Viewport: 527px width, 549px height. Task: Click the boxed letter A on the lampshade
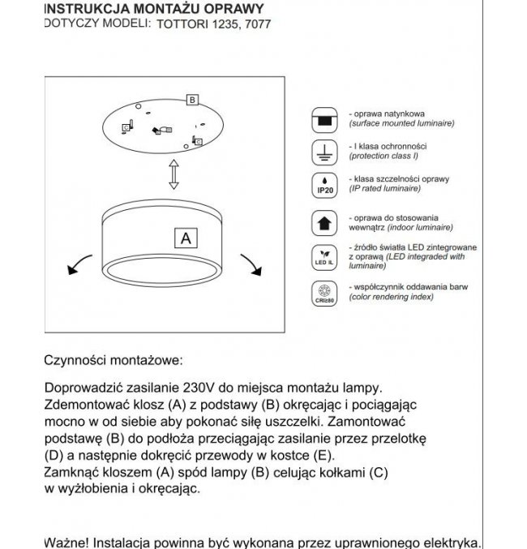click(186, 238)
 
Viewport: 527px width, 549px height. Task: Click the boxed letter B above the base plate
click(192, 101)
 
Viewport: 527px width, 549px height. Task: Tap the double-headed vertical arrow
click(173, 174)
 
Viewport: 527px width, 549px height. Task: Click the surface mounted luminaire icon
click(323, 119)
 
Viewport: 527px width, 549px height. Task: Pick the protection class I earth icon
click(323, 152)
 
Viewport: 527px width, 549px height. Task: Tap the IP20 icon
click(323, 184)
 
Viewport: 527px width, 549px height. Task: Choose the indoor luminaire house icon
click(323, 221)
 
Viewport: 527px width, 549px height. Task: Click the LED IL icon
click(323, 255)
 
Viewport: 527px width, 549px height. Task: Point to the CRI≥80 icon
click(323, 293)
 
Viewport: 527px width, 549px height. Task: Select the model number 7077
click(257, 24)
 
